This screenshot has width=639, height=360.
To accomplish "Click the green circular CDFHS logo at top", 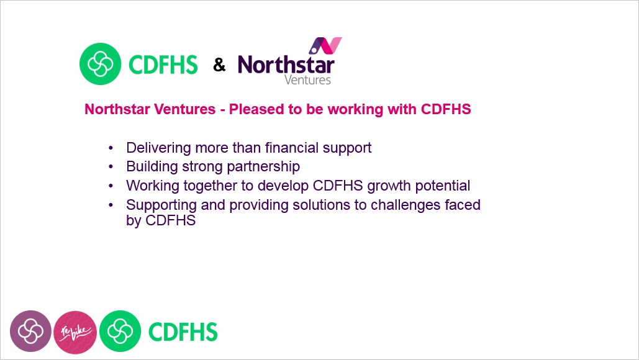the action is tap(100, 64).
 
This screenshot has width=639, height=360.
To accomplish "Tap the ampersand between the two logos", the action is tap(219, 65).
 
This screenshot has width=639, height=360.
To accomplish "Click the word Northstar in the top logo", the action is tap(286, 65).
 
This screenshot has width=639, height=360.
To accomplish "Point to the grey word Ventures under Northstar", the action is tap(307, 80).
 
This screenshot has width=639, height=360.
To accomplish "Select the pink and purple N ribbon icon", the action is tap(325, 45).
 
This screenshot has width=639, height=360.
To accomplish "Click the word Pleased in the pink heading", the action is tap(256, 109).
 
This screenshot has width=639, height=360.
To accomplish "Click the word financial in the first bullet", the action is tap(292, 148).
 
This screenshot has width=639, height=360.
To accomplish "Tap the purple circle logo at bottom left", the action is tap(30, 331).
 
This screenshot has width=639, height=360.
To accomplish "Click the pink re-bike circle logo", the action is tap(75, 332).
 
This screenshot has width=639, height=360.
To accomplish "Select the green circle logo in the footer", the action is tap(120, 331).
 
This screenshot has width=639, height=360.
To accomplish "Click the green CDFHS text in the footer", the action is tap(183, 332).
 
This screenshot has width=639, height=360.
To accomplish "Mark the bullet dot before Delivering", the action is tap(111, 148).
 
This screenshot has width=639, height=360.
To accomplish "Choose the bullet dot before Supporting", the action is tap(111, 205).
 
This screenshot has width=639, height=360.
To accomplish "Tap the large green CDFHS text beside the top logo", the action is tap(163, 65).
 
